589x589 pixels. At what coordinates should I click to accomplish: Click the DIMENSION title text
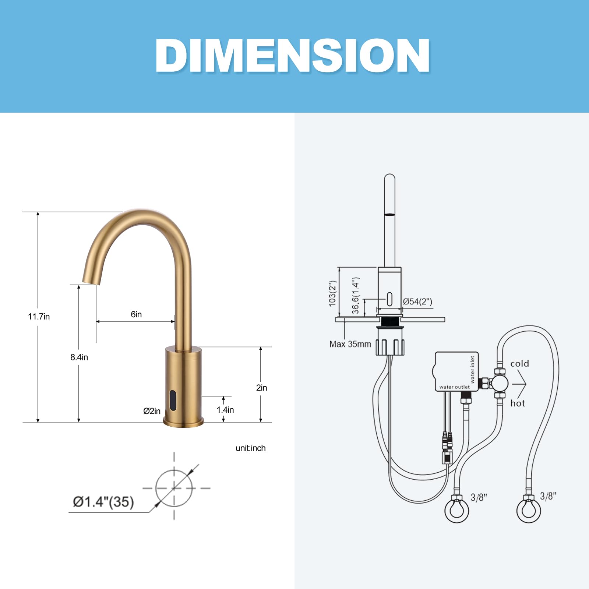293,56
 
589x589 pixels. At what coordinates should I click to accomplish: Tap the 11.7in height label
39,317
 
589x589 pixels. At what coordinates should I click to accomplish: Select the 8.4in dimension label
79,357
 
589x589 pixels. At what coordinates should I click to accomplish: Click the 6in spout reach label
136,314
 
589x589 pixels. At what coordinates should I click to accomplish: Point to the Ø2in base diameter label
152,411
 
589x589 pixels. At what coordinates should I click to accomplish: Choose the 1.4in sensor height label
225,410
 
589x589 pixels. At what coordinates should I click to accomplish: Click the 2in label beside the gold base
262,388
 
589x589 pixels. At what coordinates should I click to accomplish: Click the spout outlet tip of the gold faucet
91,282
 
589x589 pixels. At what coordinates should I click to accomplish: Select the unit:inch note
251,448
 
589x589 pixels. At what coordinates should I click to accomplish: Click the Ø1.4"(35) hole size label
103,502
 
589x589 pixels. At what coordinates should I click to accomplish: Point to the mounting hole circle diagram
174,488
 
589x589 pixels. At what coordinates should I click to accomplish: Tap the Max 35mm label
350,344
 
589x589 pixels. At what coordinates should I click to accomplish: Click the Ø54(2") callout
417,301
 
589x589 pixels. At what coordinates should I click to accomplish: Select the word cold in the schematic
519,364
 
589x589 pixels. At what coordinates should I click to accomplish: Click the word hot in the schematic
518,403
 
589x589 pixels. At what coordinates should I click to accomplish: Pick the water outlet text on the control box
454,387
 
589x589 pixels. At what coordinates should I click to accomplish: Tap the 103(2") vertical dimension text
332,293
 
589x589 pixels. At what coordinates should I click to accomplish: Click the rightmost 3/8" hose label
548,496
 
